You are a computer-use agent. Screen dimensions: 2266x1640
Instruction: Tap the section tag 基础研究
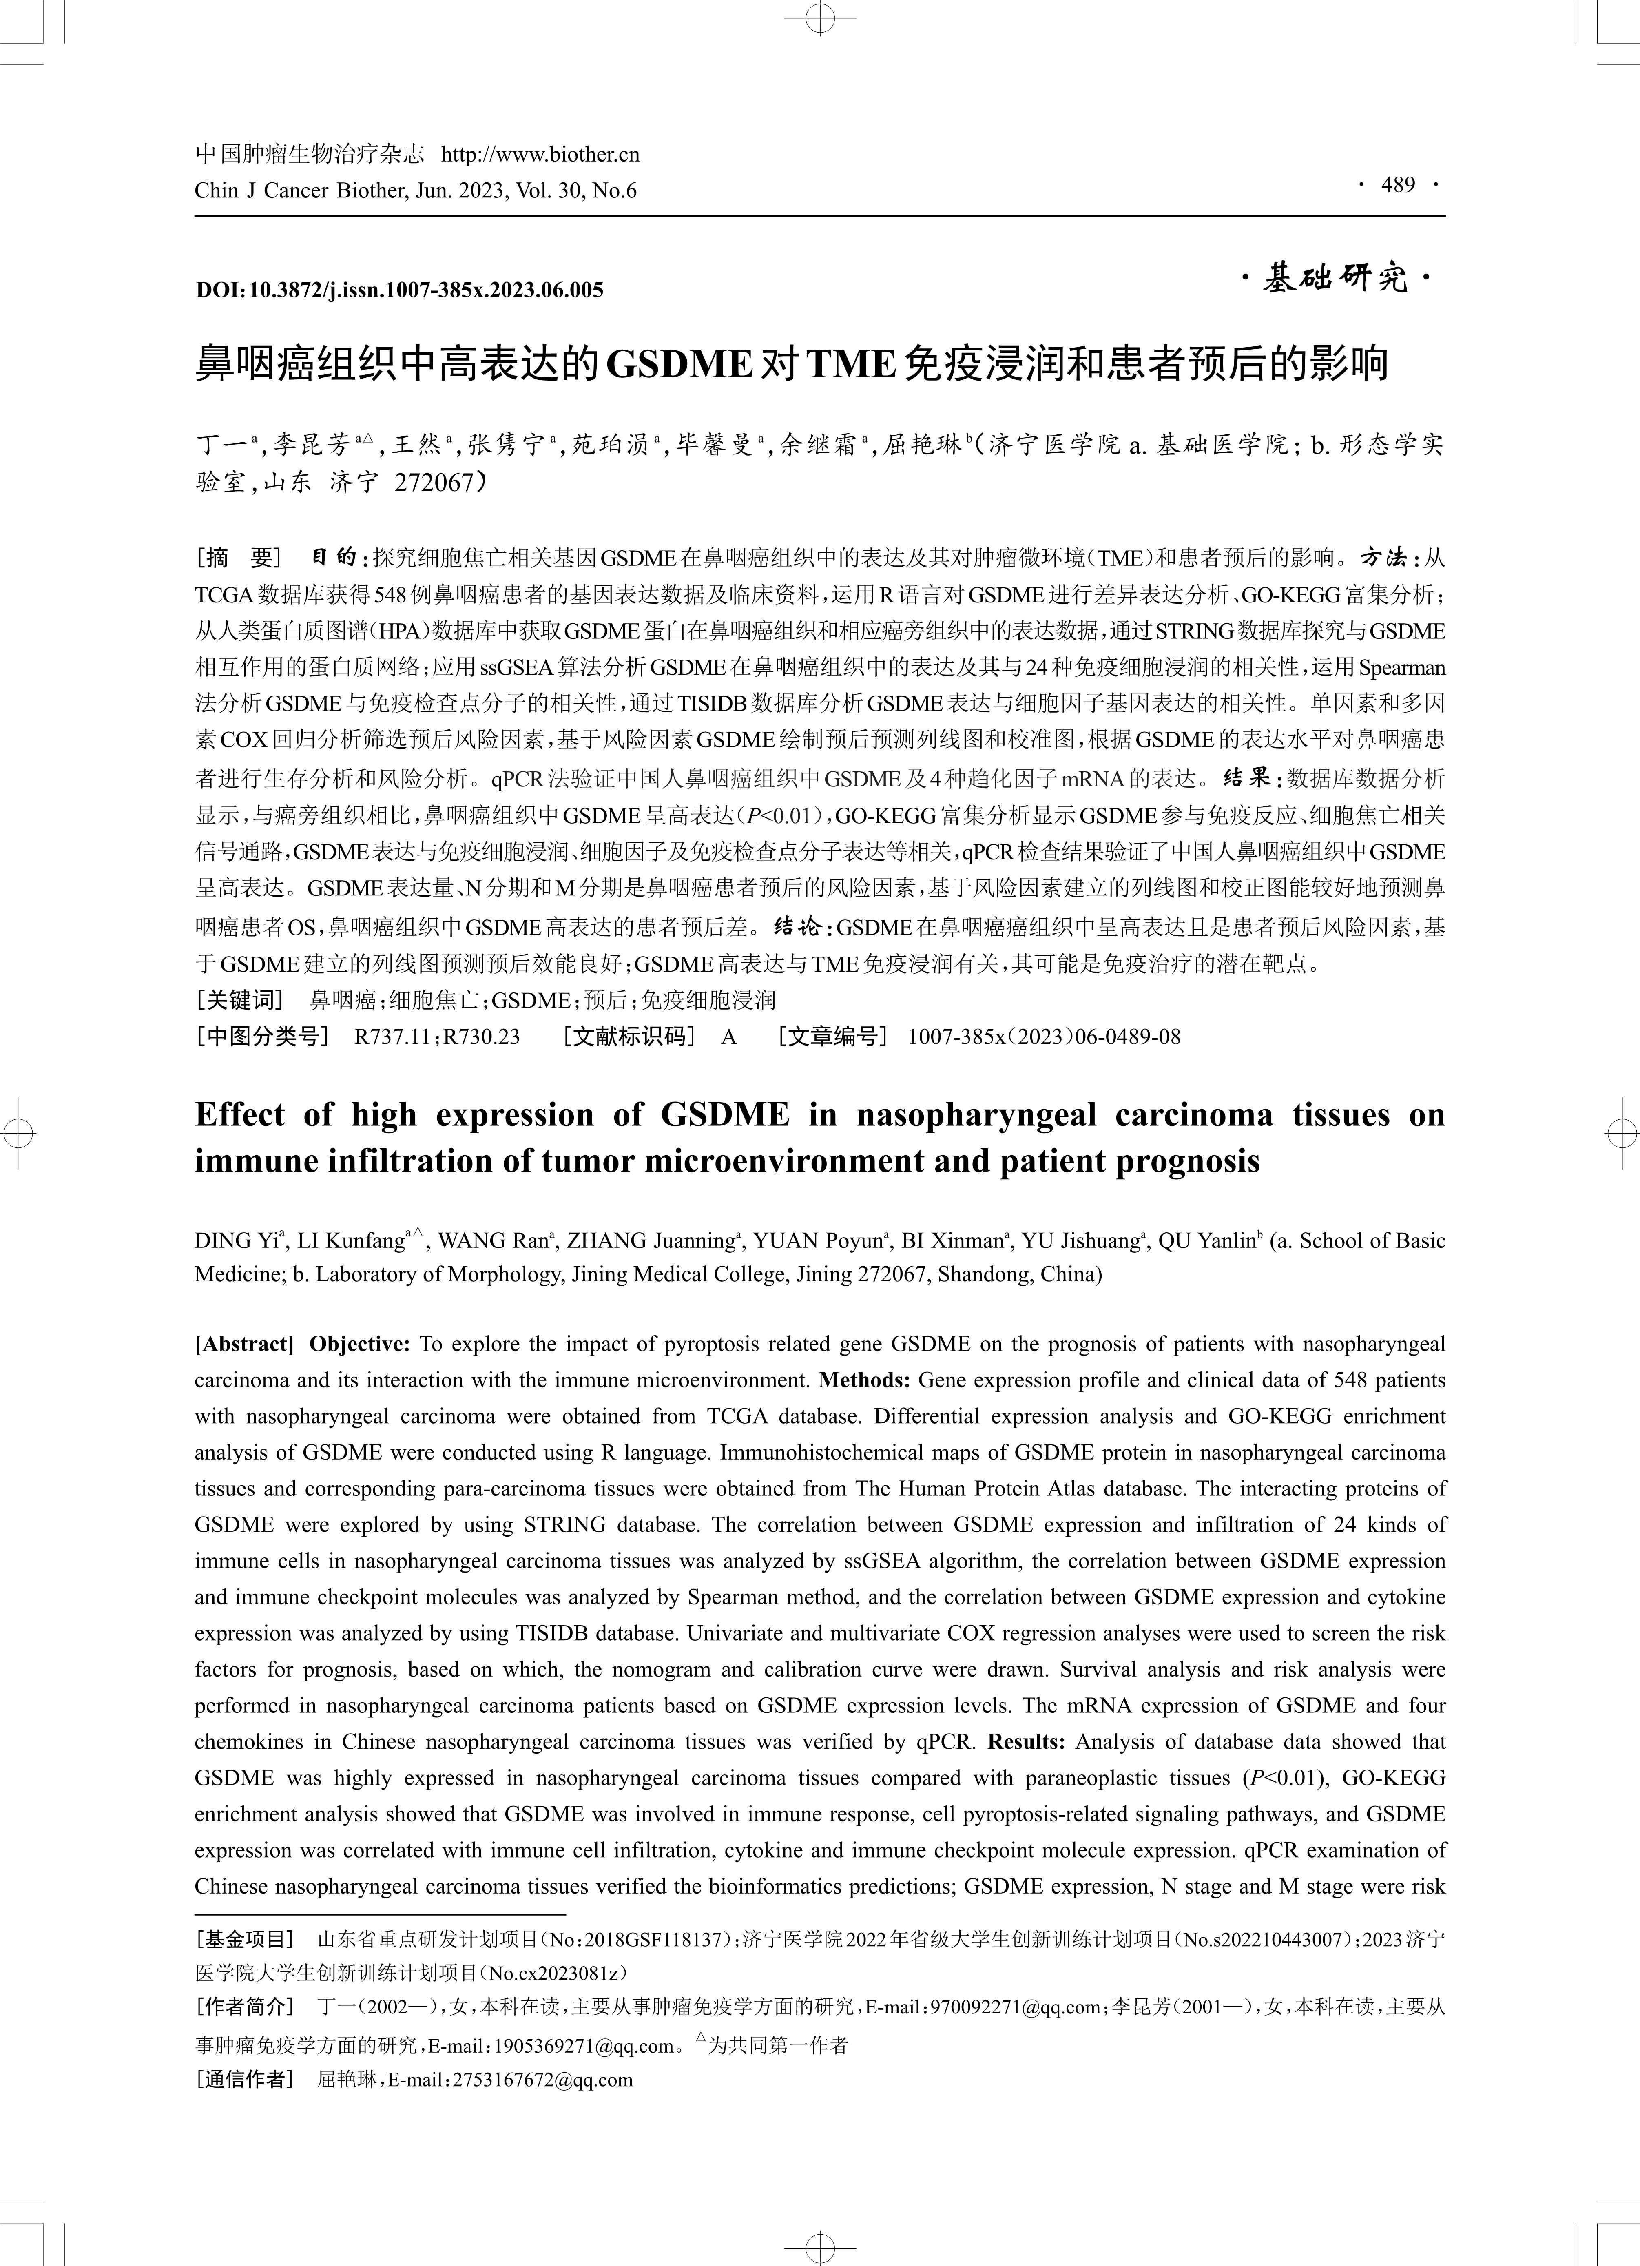pyautogui.click(x=1335, y=279)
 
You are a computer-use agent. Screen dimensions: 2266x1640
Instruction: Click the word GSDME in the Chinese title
pyautogui.click(x=679, y=365)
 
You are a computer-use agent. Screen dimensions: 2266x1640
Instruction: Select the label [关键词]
pyautogui.click(x=240, y=1000)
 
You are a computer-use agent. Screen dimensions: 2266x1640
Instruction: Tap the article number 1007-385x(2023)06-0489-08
pyautogui.click(x=1044, y=1037)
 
